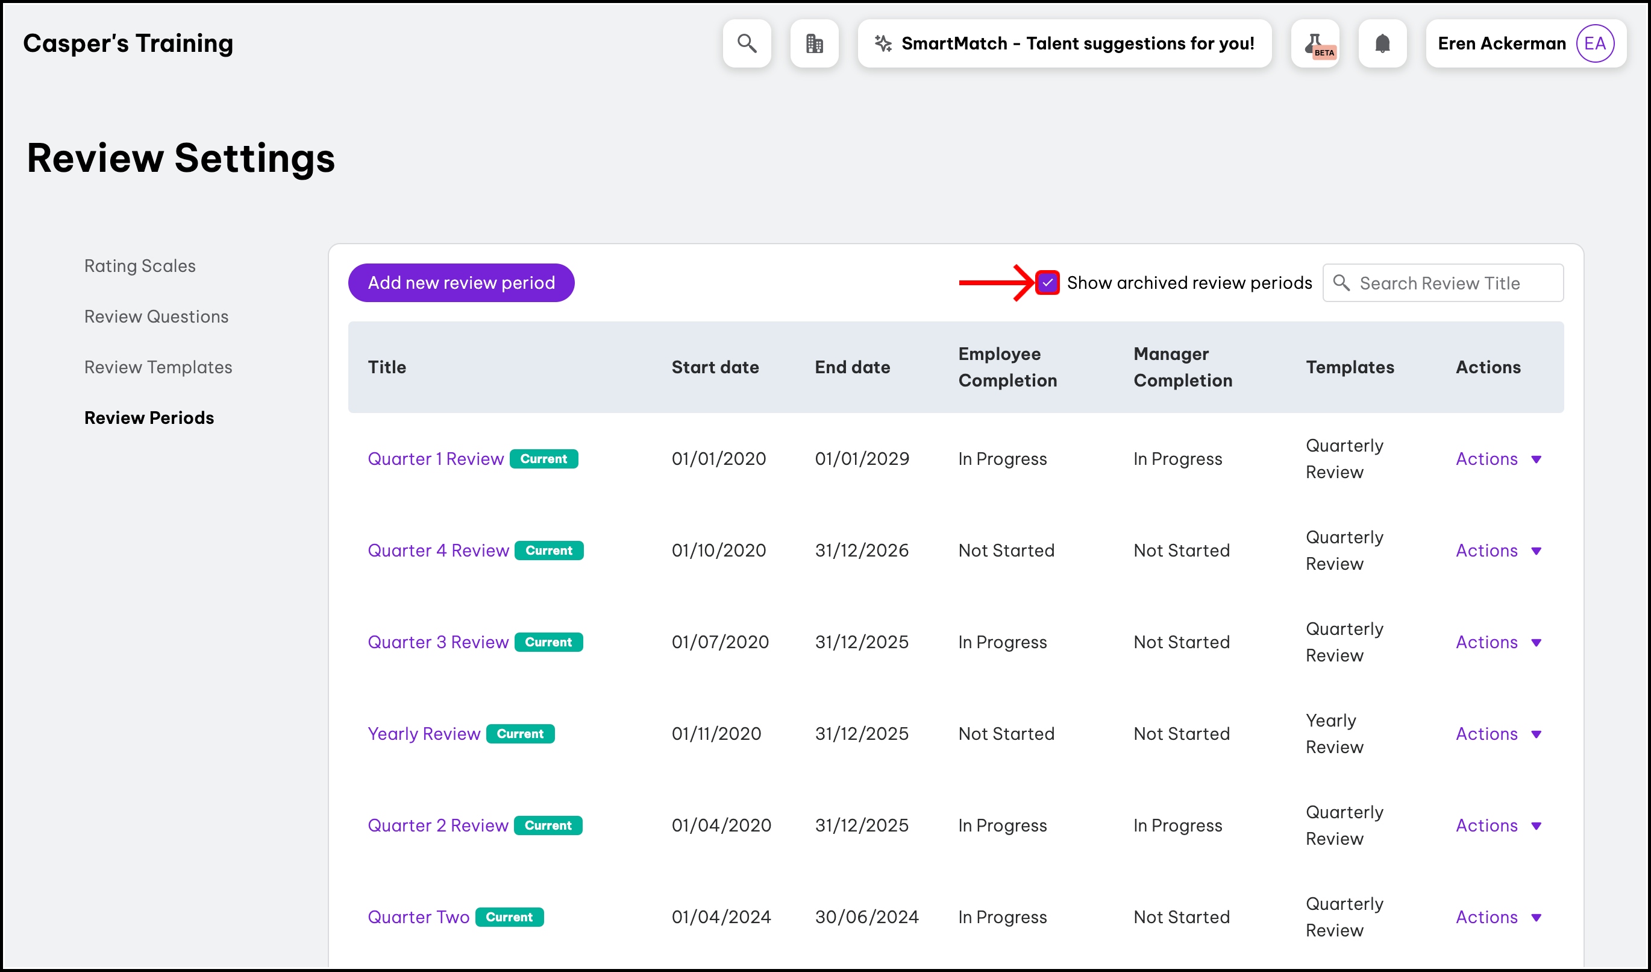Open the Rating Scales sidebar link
point(140,265)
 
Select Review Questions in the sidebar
point(156,317)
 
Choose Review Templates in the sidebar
point(158,367)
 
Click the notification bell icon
point(1382,43)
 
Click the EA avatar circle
point(1594,43)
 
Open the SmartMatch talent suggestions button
point(1064,43)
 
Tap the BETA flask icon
point(1314,43)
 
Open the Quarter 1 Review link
point(435,459)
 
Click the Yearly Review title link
point(423,733)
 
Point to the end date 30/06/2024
point(866,917)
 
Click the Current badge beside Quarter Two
point(509,917)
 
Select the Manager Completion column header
point(1183,367)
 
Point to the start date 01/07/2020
point(719,642)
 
